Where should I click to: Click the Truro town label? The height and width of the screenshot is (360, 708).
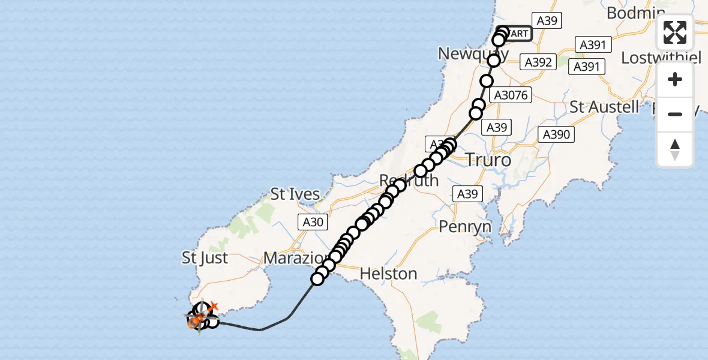pyautogui.click(x=488, y=160)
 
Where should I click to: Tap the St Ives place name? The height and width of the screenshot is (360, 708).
pyautogui.click(x=295, y=194)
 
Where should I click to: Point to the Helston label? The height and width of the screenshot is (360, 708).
pyautogui.click(x=388, y=274)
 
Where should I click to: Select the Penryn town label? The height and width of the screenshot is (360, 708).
pyautogui.click(x=465, y=227)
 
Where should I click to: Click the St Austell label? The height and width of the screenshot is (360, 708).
pyautogui.click(x=604, y=107)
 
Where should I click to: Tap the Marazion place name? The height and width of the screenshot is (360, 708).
pyautogui.click(x=294, y=259)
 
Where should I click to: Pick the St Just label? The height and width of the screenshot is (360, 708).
pyautogui.click(x=205, y=258)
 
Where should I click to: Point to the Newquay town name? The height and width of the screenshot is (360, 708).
pyautogui.click(x=468, y=54)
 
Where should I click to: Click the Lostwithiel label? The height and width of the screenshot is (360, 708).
pyautogui.click(x=661, y=58)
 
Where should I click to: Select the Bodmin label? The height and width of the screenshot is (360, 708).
pyautogui.click(x=635, y=13)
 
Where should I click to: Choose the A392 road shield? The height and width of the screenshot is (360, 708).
pyautogui.click(x=538, y=62)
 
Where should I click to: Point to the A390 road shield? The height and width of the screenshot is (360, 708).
pyautogui.click(x=556, y=134)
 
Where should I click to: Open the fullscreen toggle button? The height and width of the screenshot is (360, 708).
pyautogui.click(x=675, y=32)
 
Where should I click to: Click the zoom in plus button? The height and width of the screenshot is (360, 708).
pyautogui.click(x=675, y=79)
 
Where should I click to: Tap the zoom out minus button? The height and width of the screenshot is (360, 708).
pyautogui.click(x=675, y=114)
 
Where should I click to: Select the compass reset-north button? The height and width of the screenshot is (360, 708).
pyautogui.click(x=675, y=149)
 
